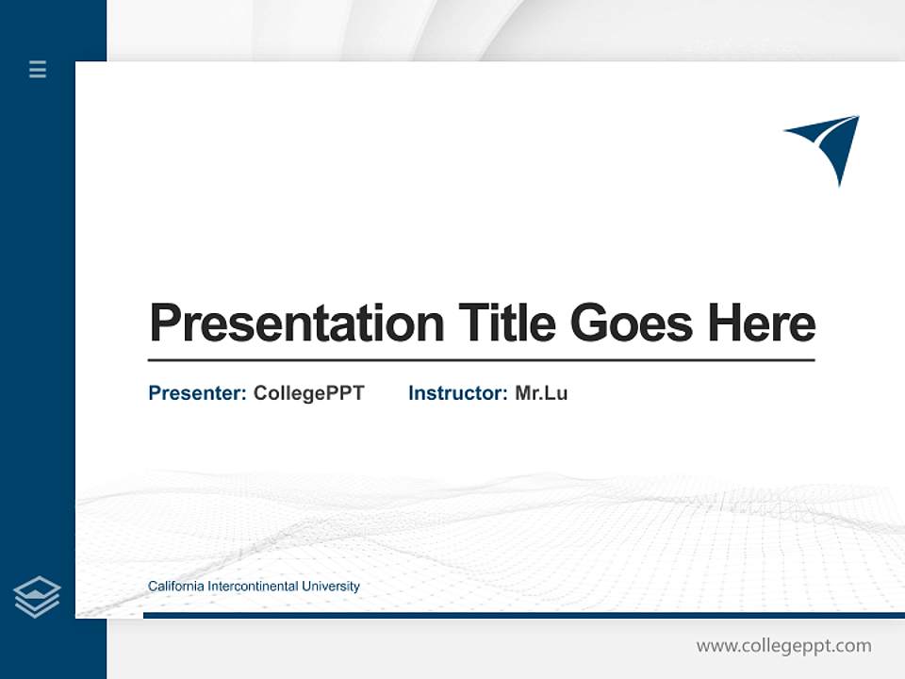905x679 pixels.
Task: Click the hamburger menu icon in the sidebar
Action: [x=38, y=69]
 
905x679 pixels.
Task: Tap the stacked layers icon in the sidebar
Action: [x=37, y=597]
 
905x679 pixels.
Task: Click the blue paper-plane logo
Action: [x=827, y=146]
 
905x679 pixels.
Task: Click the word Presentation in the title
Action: [x=296, y=323]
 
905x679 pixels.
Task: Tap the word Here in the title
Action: [x=761, y=323]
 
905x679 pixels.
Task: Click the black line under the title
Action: [x=481, y=359]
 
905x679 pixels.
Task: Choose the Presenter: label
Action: [x=197, y=393]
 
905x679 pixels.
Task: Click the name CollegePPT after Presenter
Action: [x=308, y=393]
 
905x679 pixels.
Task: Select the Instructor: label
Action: [x=457, y=393]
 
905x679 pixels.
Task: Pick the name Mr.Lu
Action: [x=541, y=393]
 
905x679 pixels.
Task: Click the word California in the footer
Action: [x=175, y=587]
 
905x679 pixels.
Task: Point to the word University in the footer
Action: [x=331, y=587]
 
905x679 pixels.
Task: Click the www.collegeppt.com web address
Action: [x=783, y=646]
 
